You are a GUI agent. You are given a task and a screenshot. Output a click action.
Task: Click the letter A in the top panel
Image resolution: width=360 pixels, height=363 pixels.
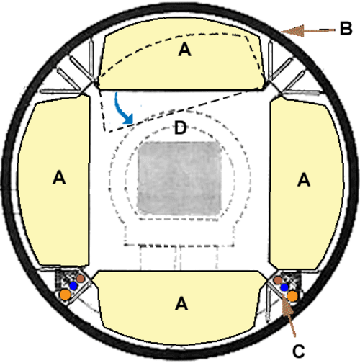[x=184, y=50]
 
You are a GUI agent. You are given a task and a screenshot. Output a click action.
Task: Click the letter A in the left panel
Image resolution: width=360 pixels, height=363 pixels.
[x=59, y=178]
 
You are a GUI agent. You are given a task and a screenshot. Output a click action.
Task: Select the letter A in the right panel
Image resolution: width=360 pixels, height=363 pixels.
[x=304, y=180]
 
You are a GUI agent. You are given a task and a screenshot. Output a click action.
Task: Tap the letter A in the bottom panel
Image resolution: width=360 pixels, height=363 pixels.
[x=181, y=303]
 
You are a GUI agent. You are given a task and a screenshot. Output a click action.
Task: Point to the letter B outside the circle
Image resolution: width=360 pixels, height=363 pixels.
[x=346, y=29]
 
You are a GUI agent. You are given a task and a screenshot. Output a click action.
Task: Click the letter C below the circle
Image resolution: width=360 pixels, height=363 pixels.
[x=299, y=351]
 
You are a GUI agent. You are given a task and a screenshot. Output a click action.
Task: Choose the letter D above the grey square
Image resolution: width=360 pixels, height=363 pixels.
[x=181, y=127]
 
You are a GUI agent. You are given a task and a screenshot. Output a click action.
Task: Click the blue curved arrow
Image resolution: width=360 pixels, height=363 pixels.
[x=122, y=109]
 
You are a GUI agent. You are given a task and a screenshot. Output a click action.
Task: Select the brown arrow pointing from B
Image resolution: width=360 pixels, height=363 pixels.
[x=308, y=30]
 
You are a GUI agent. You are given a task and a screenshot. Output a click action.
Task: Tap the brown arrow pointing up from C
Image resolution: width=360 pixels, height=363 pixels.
[x=289, y=315]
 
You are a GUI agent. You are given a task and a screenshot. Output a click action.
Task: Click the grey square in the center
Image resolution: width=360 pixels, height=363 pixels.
[x=179, y=179]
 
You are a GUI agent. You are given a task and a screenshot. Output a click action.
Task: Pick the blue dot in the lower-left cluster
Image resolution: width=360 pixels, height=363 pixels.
[x=73, y=286]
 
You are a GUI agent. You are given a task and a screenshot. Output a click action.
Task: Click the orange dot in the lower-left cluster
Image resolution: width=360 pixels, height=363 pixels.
[x=65, y=295]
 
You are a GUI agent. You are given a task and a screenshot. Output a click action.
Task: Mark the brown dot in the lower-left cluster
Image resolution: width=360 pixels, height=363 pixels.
[x=81, y=279]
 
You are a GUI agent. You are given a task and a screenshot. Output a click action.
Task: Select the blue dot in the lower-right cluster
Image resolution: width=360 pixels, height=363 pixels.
[x=284, y=287]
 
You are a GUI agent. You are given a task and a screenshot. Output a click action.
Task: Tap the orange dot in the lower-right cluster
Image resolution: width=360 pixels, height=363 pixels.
[x=292, y=296]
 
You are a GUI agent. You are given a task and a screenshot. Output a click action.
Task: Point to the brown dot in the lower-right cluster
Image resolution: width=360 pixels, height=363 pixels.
[x=278, y=280]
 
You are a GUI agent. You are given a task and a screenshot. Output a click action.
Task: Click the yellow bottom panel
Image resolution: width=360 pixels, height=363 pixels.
[x=179, y=308]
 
